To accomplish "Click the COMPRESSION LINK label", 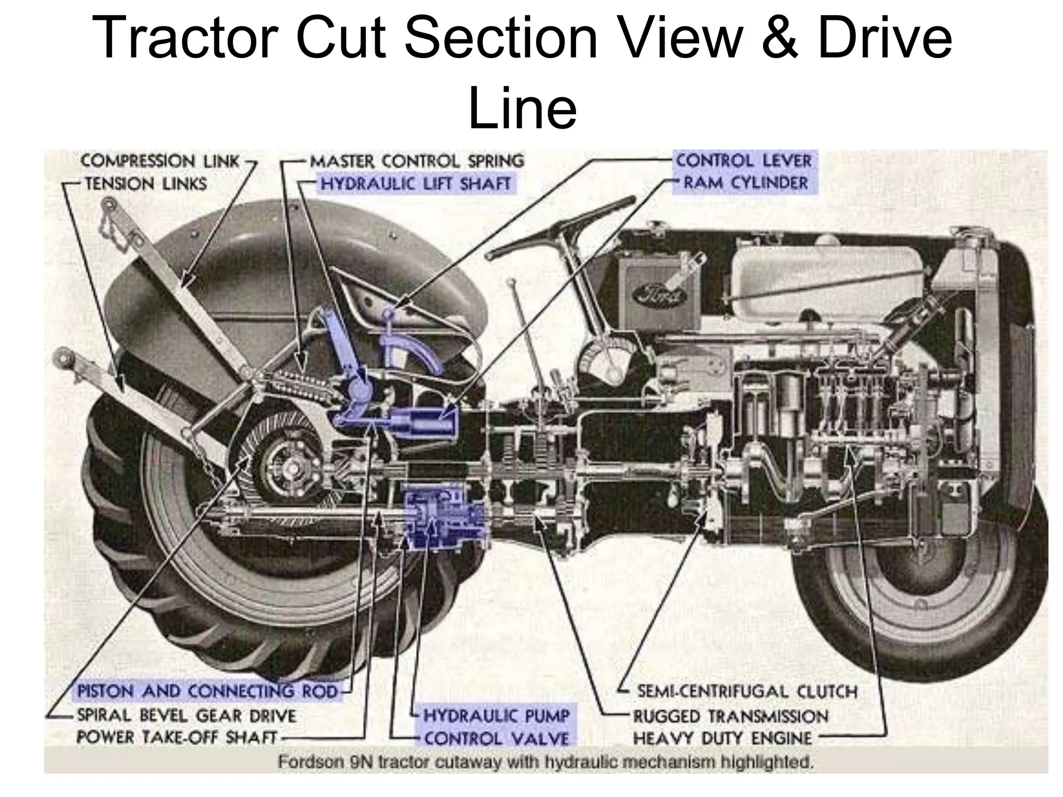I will tap(160, 161).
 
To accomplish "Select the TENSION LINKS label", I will tap(146, 184).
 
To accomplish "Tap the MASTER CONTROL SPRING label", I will tap(417, 161).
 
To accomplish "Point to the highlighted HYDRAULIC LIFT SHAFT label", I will tap(416, 184).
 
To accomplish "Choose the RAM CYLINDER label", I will tap(746, 183).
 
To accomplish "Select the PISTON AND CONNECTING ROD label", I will tap(208, 692).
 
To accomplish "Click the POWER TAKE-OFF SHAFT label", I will tap(177, 737).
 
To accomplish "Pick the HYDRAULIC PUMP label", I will tap(497, 716).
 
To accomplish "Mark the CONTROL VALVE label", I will tap(497, 738).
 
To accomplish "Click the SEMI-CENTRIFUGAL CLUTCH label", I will tap(747, 692).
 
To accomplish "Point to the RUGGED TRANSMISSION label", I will tap(731, 717).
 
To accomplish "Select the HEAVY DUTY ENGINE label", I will tap(722, 738).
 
